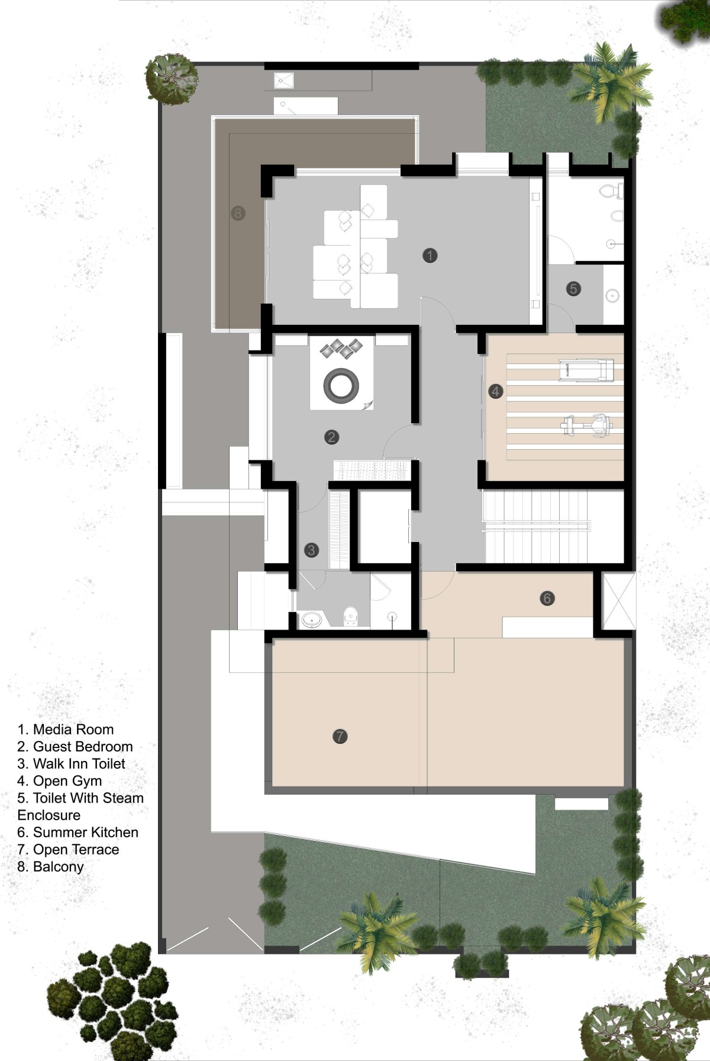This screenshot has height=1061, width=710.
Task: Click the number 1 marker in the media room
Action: (x=430, y=255)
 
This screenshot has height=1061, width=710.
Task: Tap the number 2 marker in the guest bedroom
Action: (x=331, y=437)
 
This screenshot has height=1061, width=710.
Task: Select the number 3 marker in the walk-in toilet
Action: (x=311, y=550)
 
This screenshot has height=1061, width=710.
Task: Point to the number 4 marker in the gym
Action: (x=496, y=391)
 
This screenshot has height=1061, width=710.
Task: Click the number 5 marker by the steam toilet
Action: (x=573, y=289)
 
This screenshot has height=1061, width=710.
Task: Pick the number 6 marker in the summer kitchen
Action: (x=547, y=598)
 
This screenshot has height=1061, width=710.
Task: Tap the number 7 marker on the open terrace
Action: (x=340, y=737)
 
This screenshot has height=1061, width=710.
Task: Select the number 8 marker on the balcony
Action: (x=238, y=213)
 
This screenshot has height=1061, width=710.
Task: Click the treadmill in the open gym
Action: (x=586, y=370)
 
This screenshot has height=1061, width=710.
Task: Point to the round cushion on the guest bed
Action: (x=341, y=385)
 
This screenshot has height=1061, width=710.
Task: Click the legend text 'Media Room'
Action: (x=73, y=730)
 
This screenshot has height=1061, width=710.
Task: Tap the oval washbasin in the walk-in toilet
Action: (x=312, y=620)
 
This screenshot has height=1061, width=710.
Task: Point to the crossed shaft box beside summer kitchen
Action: (x=618, y=601)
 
